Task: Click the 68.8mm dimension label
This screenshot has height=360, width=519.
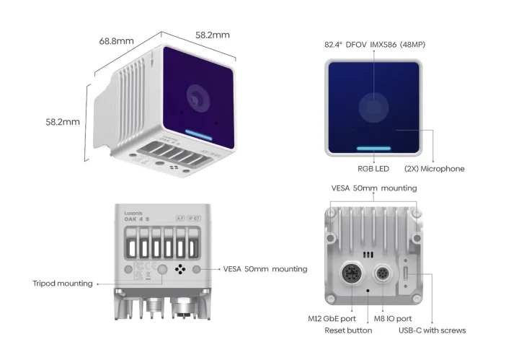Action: [116, 41]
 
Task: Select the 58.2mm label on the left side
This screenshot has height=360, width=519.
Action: [63, 122]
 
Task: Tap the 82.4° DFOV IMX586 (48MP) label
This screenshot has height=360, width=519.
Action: [375, 44]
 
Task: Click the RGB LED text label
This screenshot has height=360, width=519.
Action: [374, 169]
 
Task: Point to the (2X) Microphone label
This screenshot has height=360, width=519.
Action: [433, 169]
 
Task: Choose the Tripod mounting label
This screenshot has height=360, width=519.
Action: [63, 284]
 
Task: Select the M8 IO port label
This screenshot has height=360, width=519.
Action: [394, 318]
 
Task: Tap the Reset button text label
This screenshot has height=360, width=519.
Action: [348, 330]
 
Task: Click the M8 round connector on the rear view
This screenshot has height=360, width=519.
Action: [383, 274]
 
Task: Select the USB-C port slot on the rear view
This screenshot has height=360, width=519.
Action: [409, 274]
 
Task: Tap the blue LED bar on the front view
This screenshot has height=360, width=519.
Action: [374, 149]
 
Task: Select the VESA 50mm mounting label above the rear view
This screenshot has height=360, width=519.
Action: [373, 188]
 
